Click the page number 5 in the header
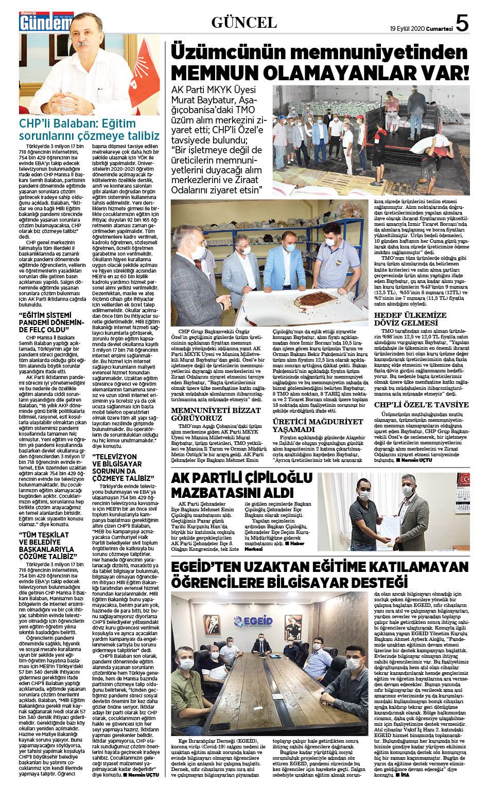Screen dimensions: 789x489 click(462, 23)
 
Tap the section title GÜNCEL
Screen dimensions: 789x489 click(244, 22)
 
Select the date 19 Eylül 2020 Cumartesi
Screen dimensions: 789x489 click(421, 29)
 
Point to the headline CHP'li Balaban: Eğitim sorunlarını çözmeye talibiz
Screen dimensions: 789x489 click(89, 130)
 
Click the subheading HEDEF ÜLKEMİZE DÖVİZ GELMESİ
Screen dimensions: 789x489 click(410, 319)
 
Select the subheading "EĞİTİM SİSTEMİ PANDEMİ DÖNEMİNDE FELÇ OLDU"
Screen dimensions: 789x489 click(51, 322)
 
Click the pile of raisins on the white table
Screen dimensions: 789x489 click(310, 299)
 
